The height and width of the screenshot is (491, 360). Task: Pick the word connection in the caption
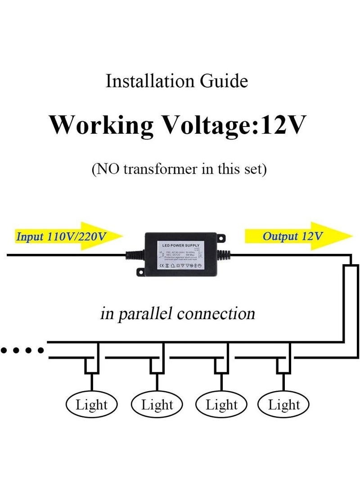coord(216,314)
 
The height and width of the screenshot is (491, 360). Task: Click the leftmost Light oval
coord(92,405)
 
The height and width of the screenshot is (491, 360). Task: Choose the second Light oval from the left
coord(157,405)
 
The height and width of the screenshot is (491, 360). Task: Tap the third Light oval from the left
coord(221,405)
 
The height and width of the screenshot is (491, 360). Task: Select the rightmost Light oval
coord(284,405)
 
